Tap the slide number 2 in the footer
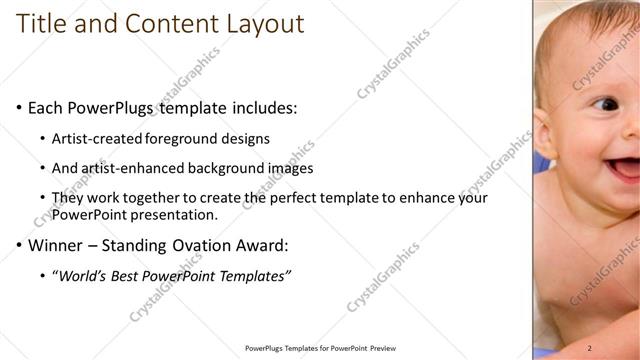pos(590,347)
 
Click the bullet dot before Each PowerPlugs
pos(19,107)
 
